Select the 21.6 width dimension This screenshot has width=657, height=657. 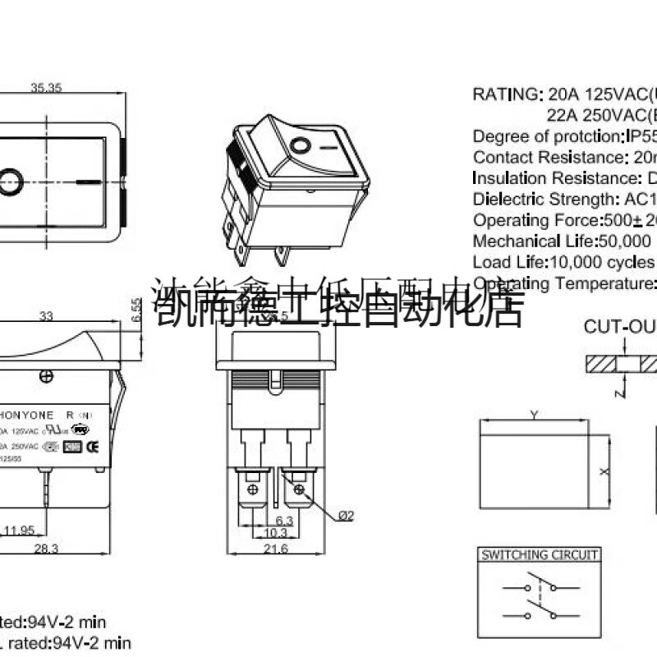(276, 549)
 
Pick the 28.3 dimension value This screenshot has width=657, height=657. (46, 549)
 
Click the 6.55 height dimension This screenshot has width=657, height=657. (136, 310)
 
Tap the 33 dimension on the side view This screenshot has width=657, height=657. (47, 315)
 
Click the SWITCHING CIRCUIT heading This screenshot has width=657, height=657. (539, 555)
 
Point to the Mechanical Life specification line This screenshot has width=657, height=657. (564, 241)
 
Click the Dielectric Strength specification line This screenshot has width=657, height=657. (564, 199)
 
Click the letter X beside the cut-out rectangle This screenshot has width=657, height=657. (603, 472)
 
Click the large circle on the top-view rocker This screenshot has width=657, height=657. (10, 180)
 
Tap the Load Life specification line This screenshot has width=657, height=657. (564, 263)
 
